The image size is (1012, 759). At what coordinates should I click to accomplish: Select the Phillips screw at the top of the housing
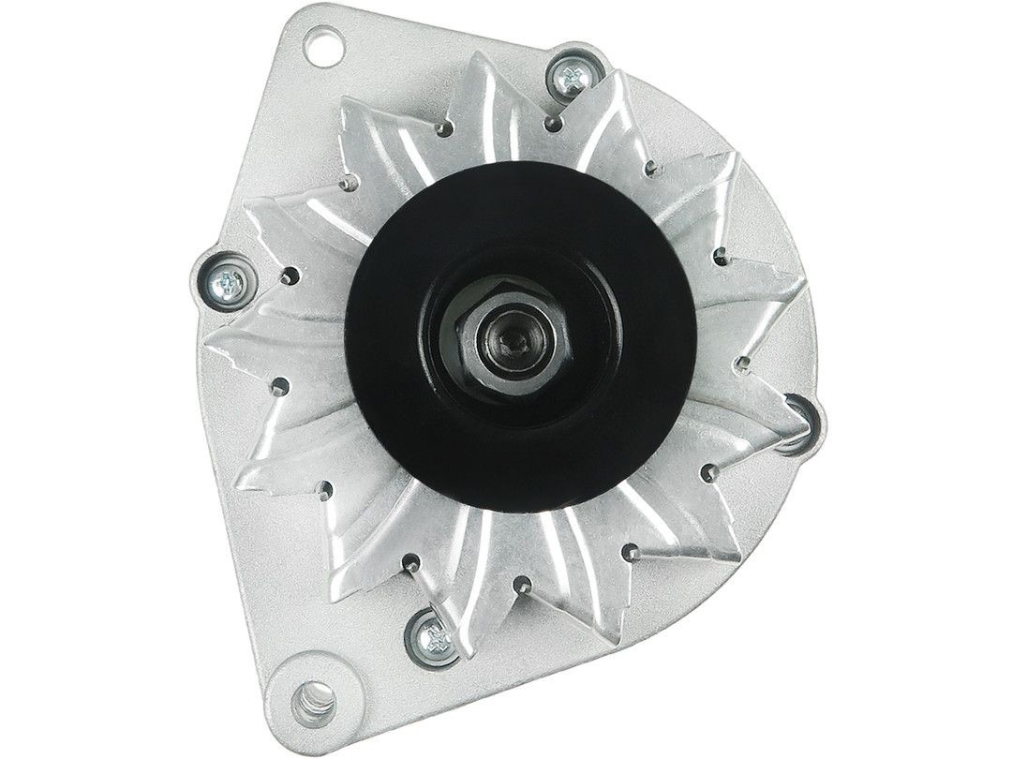pos(571,77)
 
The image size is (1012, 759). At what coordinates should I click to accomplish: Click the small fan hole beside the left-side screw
pos(292,276)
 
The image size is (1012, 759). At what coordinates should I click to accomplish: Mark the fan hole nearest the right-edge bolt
pos(742,360)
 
